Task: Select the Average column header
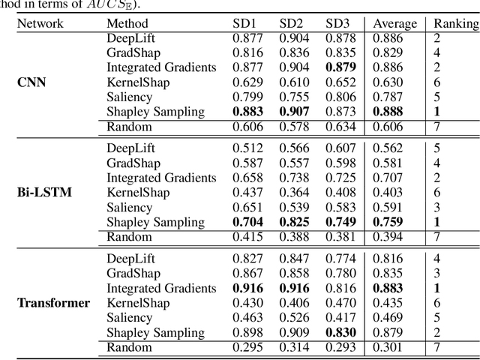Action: click(x=394, y=23)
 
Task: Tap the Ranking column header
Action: click(x=456, y=23)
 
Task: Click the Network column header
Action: click(x=40, y=23)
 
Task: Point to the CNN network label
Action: click(x=31, y=82)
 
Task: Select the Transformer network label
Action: click(x=53, y=303)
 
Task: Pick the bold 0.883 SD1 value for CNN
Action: click(x=248, y=112)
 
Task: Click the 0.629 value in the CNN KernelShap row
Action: click(x=247, y=82)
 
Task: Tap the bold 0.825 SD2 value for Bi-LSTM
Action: click(x=295, y=222)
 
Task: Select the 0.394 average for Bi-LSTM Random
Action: click(x=388, y=237)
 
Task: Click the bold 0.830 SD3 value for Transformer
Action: click(x=341, y=332)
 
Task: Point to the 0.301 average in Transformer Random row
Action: click(x=388, y=347)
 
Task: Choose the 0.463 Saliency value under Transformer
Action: click(x=247, y=318)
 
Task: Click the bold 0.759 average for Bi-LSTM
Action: click(x=388, y=222)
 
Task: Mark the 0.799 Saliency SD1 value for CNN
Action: click(x=247, y=97)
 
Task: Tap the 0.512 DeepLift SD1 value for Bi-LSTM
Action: click(x=247, y=148)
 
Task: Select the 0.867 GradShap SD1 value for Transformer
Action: click(x=247, y=274)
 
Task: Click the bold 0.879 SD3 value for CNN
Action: click(x=341, y=67)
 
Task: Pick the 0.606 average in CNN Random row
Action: click(x=388, y=127)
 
